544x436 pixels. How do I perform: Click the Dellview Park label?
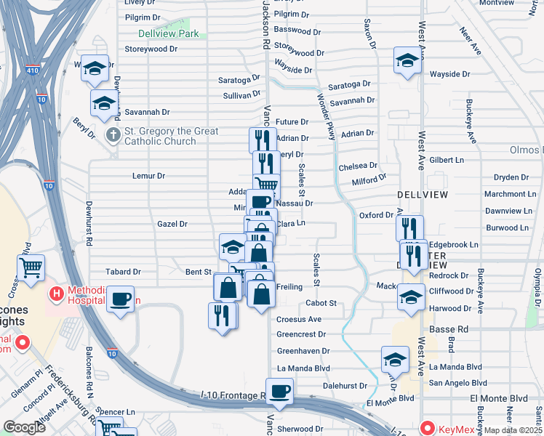(168, 33)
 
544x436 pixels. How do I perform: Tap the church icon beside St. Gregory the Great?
(113, 135)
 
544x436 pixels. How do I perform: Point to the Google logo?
(25, 427)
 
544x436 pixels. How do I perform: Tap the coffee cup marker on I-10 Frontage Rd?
(279, 392)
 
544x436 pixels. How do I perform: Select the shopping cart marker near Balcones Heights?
(31, 268)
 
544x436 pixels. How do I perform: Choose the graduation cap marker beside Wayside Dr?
(407, 61)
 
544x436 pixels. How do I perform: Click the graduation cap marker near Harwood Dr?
(411, 297)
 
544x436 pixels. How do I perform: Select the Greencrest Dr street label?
(302, 335)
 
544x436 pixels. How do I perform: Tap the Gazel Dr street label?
(172, 225)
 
